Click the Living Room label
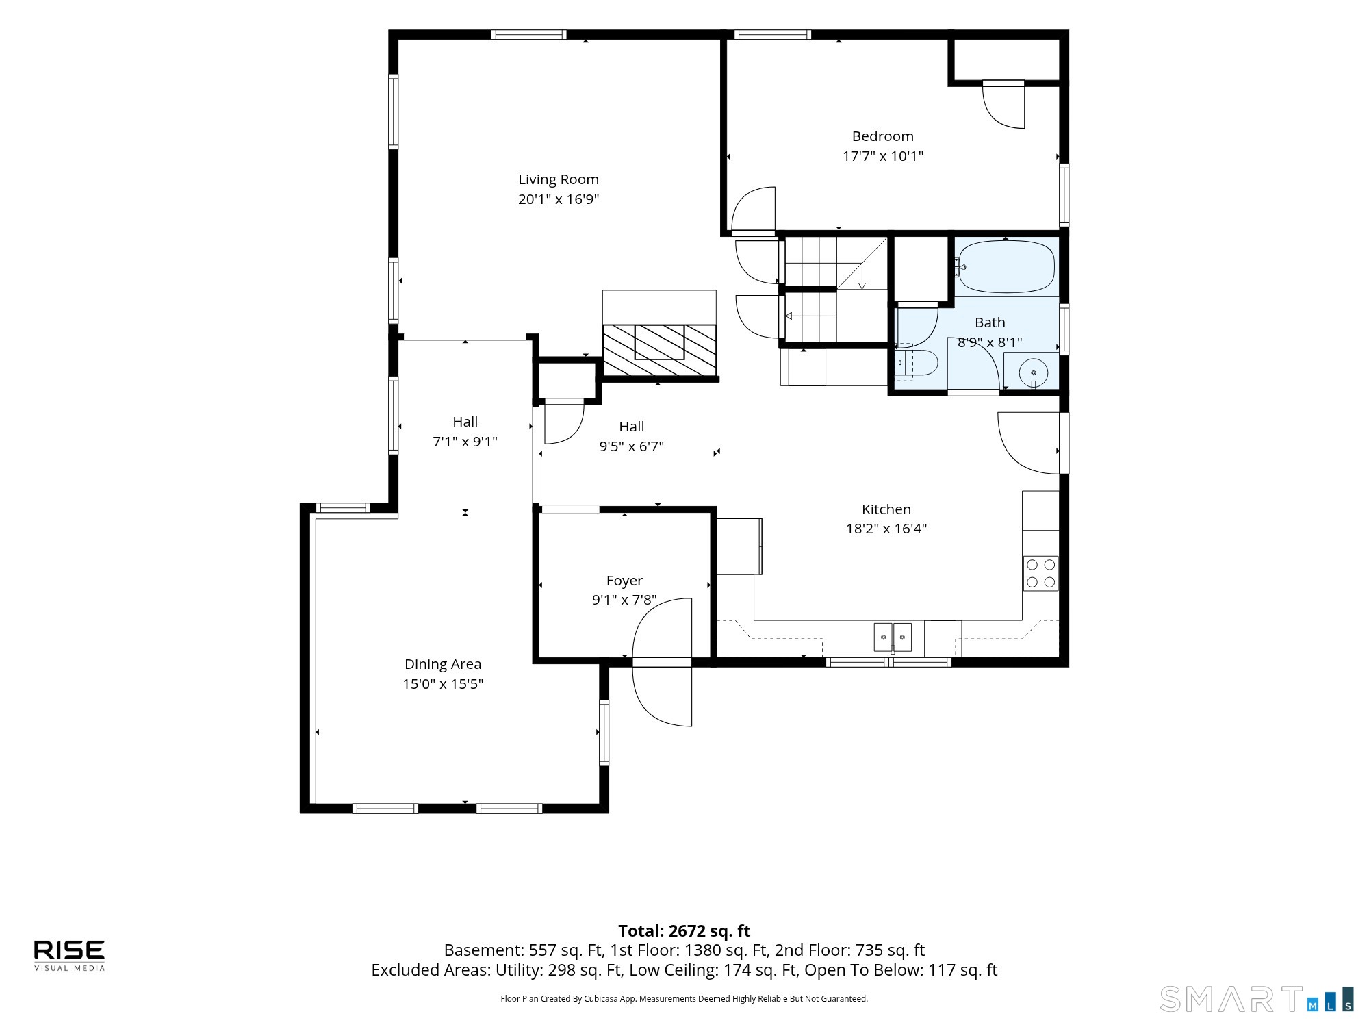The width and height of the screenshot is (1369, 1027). pyautogui.click(x=559, y=179)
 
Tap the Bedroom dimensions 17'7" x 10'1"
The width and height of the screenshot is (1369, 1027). pyautogui.click(x=883, y=156)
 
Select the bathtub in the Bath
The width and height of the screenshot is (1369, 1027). pyautogui.click(x=1006, y=267)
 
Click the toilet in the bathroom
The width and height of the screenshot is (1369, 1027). pyautogui.click(x=917, y=363)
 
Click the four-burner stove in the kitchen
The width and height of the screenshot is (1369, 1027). pyautogui.click(x=1040, y=573)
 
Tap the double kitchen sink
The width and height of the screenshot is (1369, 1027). pyautogui.click(x=893, y=637)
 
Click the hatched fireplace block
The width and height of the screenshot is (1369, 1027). pyautogui.click(x=659, y=350)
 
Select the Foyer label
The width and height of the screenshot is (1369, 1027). pyautogui.click(x=624, y=581)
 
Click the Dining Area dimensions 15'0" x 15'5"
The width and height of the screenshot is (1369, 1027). pyautogui.click(x=443, y=684)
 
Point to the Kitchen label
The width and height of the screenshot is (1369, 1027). pyautogui.click(x=886, y=509)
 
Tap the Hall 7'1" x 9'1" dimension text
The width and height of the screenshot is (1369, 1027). pyautogui.click(x=465, y=442)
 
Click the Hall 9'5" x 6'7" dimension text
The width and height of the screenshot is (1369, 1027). pyautogui.click(x=632, y=446)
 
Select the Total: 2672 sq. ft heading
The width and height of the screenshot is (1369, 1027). pyautogui.click(x=684, y=931)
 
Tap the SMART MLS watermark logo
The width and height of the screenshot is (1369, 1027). pyautogui.click(x=1257, y=999)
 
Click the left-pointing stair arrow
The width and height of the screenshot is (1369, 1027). pyautogui.click(x=810, y=316)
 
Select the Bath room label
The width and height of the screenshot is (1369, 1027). pyautogui.click(x=990, y=322)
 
